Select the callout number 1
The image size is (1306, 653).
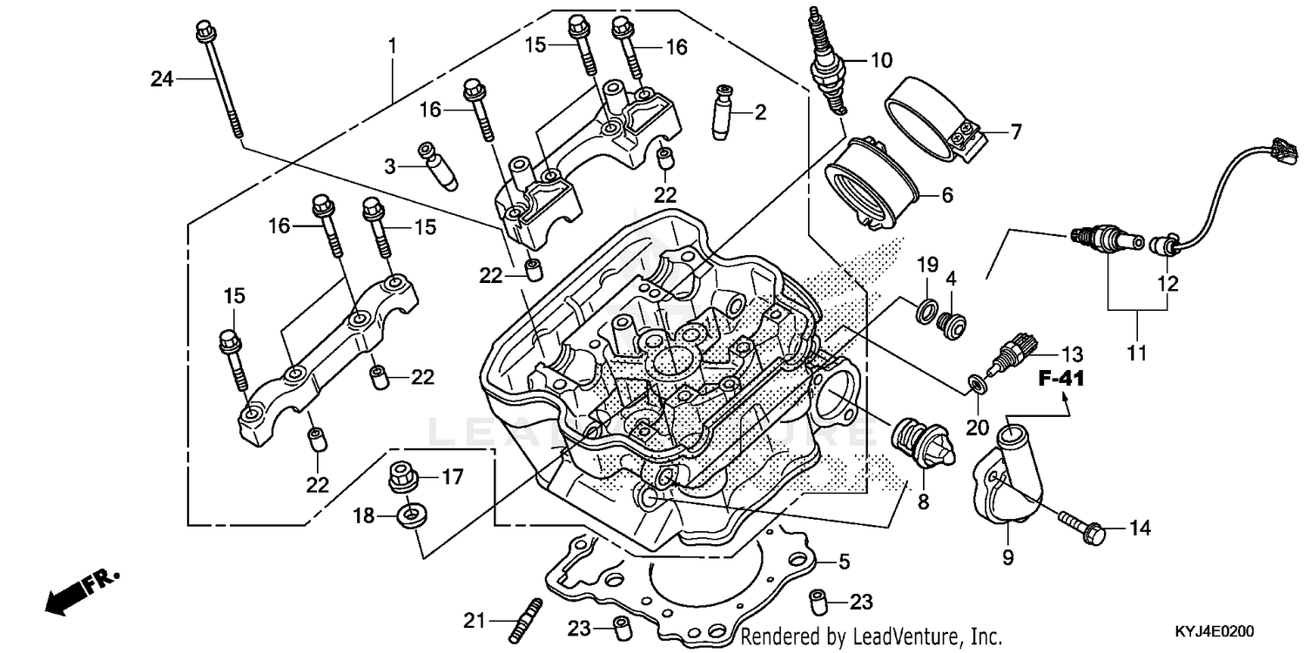click(x=392, y=44)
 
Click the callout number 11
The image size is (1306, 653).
click(x=1136, y=353)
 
